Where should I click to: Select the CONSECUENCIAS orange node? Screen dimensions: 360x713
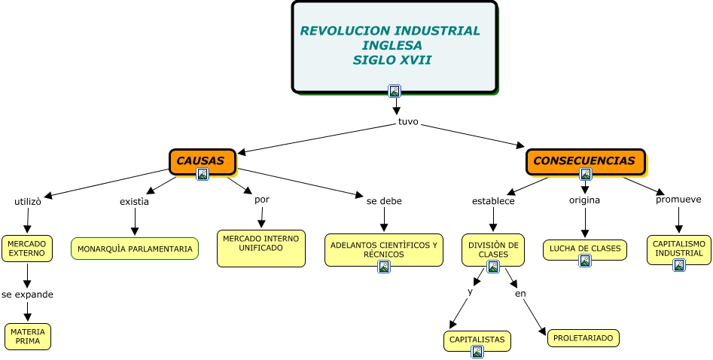point(585,160)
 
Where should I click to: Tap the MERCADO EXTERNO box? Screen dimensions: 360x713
point(27,248)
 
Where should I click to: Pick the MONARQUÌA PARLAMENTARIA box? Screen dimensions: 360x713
point(135,249)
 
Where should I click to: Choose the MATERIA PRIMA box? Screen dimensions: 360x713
point(28,336)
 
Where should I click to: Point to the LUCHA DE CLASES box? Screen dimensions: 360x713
point(585,248)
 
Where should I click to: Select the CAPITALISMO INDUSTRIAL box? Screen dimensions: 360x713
point(678,249)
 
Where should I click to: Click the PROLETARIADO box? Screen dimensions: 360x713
point(583,338)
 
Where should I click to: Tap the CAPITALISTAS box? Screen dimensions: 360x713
point(477,340)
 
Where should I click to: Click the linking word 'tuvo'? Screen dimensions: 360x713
point(408,121)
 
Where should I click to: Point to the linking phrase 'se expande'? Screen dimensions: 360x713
point(27,294)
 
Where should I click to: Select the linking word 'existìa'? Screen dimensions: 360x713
point(134,201)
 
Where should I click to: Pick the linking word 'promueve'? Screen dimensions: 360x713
point(678,200)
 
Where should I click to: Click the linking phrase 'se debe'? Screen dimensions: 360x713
point(384,201)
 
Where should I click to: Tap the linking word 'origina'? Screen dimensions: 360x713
point(584,200)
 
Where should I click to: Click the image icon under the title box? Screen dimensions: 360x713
point(395,91)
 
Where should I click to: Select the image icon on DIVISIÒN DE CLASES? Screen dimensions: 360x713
point(493,266)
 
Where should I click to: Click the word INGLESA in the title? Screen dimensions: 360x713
point(392,45)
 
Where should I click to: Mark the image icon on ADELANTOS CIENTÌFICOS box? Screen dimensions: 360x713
point(383,266)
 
